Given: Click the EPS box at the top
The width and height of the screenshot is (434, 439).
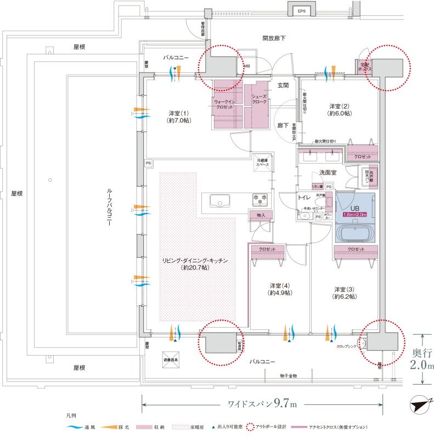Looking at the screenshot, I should [x=301, y=10].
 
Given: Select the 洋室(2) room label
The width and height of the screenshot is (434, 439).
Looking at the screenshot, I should [x=340, y=109].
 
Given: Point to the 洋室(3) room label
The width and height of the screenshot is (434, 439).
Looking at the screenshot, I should [x=345, y=292].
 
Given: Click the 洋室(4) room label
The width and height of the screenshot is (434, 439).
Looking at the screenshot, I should [x=280, y=289].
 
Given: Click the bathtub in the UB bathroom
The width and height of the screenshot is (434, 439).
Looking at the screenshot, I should [x=355, y=233].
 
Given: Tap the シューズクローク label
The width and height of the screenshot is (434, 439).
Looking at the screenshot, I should [x=258, y=99].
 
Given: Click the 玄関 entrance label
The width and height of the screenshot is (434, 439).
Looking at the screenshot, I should [x=283, y=86].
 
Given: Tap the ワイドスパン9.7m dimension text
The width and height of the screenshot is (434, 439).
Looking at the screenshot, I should [x=262, y=404].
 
